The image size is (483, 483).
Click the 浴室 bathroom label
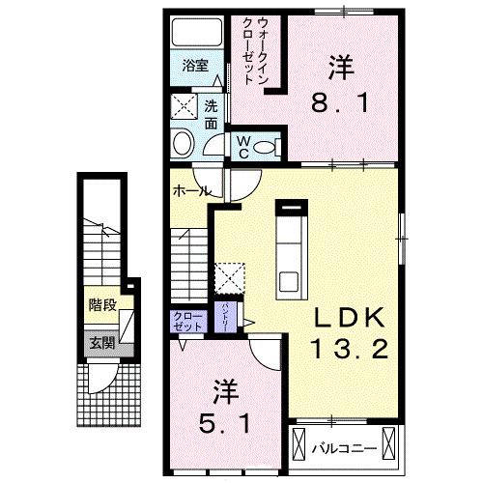(195, 66)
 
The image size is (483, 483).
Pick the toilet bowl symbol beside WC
(270, 146)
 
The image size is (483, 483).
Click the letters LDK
(348, 320)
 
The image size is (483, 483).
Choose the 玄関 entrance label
(101, 341)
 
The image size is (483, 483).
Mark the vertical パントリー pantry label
(224, 315)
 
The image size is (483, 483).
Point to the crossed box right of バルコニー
(389, 445)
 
